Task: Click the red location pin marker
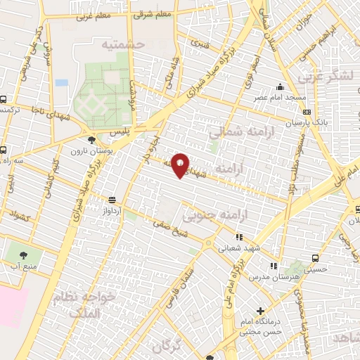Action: coord(181,165)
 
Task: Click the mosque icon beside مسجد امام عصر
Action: coord(280,87)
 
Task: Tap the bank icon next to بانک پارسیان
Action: coord(307,111)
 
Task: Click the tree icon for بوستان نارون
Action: coord(82,140)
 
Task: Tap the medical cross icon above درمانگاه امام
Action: coord(260,311)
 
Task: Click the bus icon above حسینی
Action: coord(311,257)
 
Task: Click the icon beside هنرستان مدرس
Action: coord(274,266)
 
